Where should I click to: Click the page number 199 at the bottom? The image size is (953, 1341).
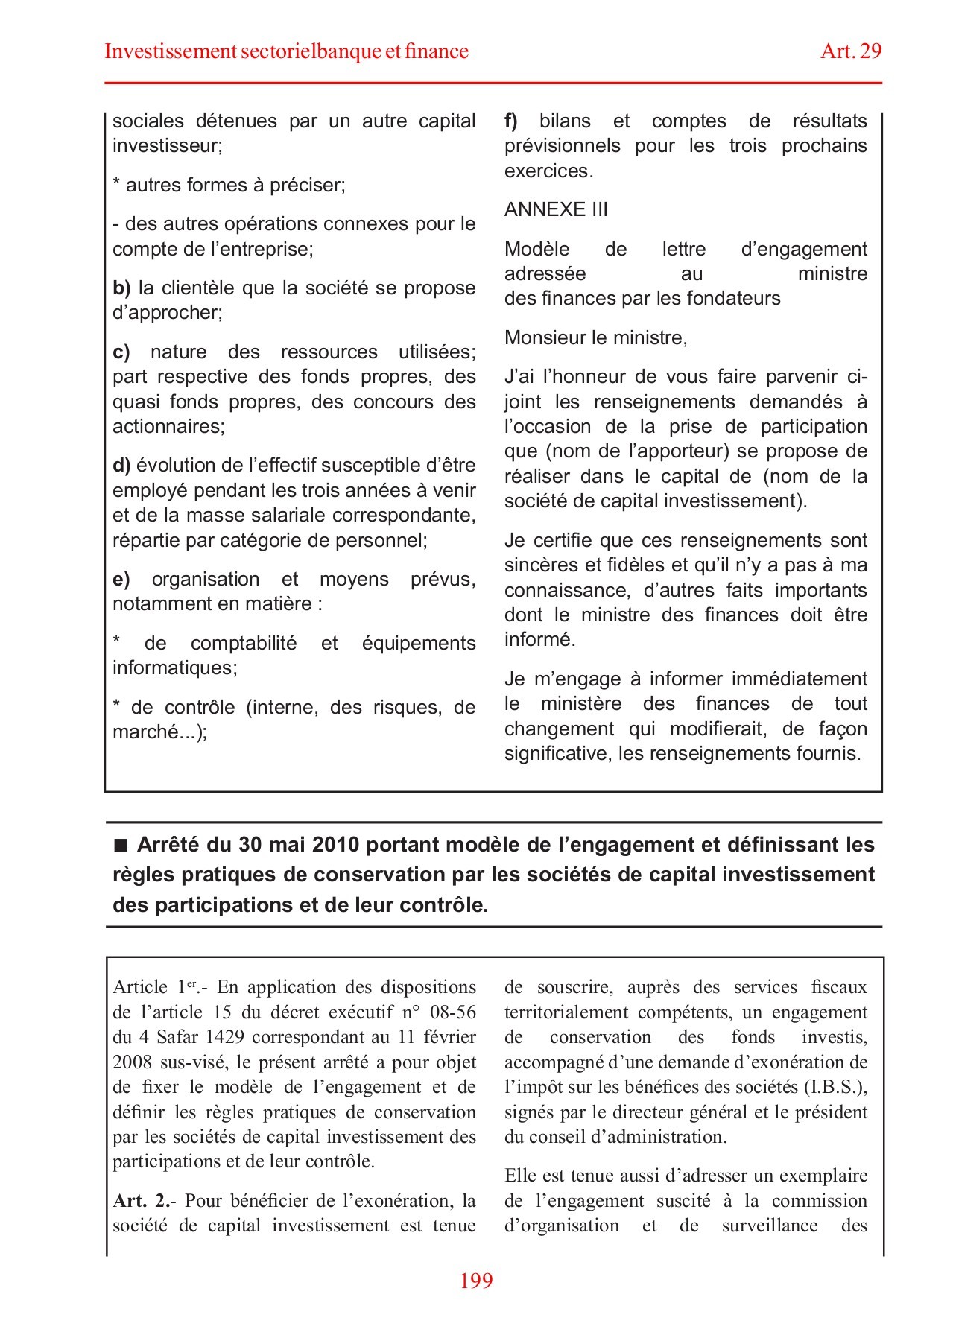(x=476, y=1302)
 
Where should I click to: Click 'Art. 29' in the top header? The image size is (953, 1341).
(x=851, y=51)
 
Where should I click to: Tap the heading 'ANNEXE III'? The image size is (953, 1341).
(x=556, y=210)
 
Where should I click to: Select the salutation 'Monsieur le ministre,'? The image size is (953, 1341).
(x=595, y=338)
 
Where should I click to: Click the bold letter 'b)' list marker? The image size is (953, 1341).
(x=121, y=288)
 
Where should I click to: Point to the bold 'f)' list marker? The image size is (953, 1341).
(x=511, y=121)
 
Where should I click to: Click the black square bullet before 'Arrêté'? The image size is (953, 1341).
(x=121, y=846)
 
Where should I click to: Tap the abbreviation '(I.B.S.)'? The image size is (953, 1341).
(x=835, y=1087)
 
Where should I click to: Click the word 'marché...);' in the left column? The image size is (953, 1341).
(x=159, y=732)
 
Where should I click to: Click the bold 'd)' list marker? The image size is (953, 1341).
(x=121, y=466)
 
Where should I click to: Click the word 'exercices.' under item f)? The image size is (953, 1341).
(x=548, y=171)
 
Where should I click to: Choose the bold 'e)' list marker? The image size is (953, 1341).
(x=121, y=580)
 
